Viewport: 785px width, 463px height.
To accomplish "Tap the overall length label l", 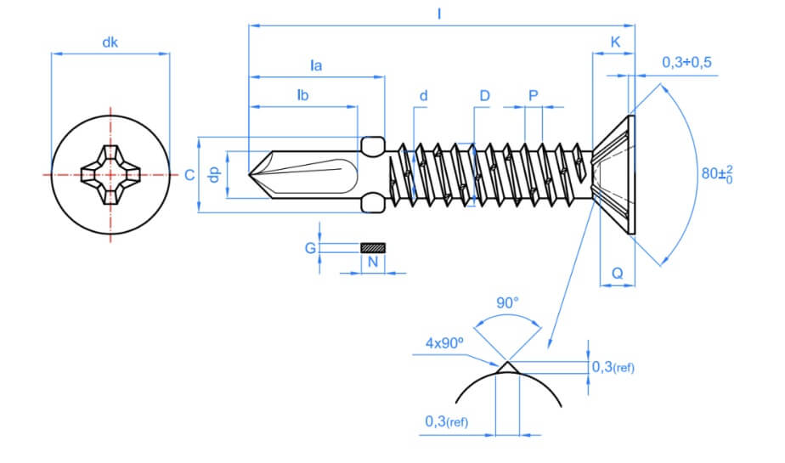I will [x=440, y=14].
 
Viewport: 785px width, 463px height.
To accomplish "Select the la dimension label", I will [x=317, y=65].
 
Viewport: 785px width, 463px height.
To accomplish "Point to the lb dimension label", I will [x=302, y=95].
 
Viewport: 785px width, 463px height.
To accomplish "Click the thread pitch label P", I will [x=533, y=95].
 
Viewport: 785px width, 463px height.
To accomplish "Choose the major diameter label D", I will [x=484, y=95].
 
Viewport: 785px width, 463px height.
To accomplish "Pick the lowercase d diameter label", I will [x=422, y=95].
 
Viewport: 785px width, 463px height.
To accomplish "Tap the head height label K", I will [x=614, y=41].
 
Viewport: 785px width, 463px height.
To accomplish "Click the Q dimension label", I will [x=618, y=274].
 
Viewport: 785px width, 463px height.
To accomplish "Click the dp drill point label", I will [x=215, y=173].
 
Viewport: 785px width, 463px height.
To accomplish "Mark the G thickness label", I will [x=310, y=248].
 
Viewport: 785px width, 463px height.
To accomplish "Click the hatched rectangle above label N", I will [x=372, y=248].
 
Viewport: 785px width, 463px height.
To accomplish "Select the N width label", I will [x=372, y=263].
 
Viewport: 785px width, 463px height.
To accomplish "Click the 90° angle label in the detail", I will [x=507, y=303].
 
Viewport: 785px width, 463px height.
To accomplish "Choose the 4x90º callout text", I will [x=444, y=343].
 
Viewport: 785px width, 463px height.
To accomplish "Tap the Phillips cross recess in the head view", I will [x=110, y=174].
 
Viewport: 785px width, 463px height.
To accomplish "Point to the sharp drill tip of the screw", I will [x=251, y=174].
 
